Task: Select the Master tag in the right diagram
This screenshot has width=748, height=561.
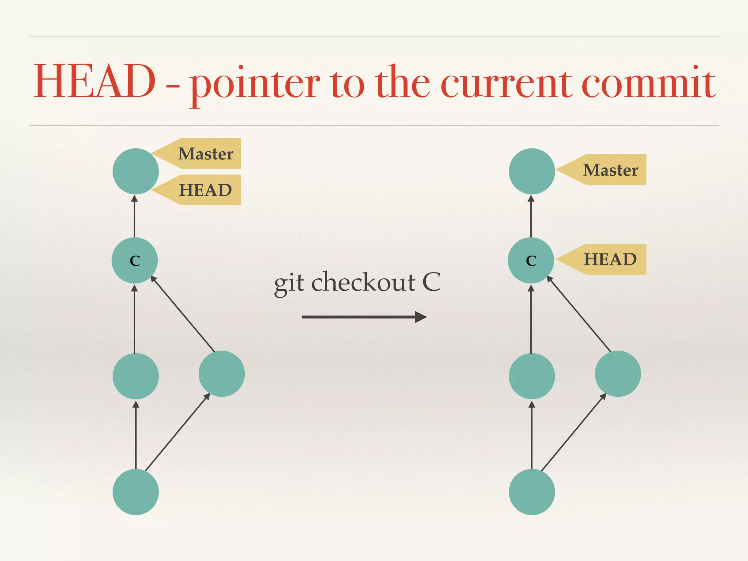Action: [610, 169]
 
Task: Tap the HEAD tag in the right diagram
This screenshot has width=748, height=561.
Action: [610, 259]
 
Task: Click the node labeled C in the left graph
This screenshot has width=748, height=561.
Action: [135, 260]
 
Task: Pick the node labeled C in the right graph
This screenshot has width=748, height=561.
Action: [531, 260]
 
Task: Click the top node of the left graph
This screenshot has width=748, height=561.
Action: [136, 171]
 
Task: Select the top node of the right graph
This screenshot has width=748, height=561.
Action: [532, 171]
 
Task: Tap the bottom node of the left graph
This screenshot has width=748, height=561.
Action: [136, 492]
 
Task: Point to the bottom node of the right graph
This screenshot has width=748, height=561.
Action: [532, 492]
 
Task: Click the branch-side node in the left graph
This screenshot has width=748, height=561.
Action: [222, 374]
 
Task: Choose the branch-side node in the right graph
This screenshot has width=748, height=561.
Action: [618, 374]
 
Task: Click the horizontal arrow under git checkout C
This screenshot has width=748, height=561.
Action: [364, 317]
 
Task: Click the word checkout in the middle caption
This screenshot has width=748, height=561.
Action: [363, 282]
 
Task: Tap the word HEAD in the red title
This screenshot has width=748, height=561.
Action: [95, 81]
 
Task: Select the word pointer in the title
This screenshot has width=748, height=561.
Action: [255, 84]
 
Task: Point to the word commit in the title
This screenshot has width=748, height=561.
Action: [648, 83]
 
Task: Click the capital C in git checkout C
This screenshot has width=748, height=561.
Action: [431, 282]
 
